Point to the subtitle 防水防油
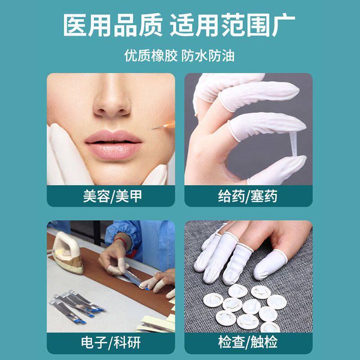point(208,56)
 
